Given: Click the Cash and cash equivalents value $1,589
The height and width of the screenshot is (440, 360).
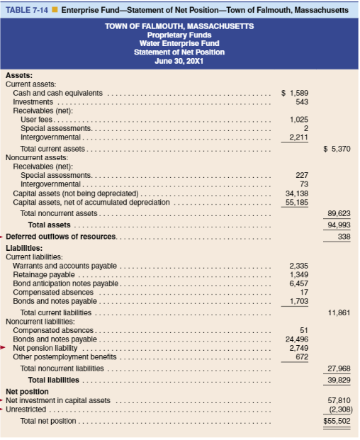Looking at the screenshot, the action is coord(295,93).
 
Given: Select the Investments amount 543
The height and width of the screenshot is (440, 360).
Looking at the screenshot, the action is coord(299,102).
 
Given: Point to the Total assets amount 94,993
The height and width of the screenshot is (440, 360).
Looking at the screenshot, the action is coord(339,225).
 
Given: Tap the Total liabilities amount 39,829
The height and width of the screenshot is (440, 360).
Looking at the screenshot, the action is coord(339,380).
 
